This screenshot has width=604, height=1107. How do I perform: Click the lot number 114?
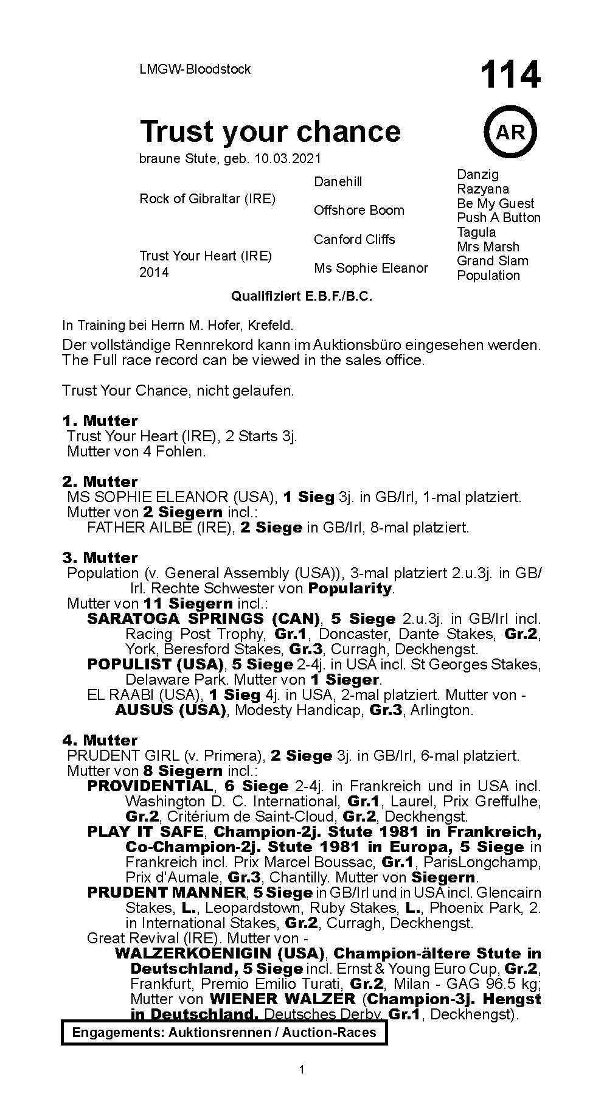[x=510, y=75]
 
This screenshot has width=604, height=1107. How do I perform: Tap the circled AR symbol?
[x=510, y=132]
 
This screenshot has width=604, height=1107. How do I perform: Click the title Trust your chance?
[x=271, y=131]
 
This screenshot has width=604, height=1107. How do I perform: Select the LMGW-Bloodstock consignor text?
[x=195, y=69]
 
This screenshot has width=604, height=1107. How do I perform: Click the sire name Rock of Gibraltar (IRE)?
[x=207, y=198]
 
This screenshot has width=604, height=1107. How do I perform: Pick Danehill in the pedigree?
[x=338, y=181]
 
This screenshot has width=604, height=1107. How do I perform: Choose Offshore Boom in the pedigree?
[x=359, y=211]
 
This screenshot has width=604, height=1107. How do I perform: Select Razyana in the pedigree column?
[x=483, y=189]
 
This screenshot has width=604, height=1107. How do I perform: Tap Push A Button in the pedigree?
[x=499, y=218]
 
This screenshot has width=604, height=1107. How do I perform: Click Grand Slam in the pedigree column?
[x=493, y=261]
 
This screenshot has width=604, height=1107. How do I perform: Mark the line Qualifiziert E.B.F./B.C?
[x=301, y=296]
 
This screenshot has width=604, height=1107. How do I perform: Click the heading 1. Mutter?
[x=100, y=421]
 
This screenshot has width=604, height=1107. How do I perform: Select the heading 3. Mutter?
[x=100, y=557]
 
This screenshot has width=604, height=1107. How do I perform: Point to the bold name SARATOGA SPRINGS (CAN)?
[x=204, y=618]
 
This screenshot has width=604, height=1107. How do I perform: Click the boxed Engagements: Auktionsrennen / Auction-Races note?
[x=224, y=1033]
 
